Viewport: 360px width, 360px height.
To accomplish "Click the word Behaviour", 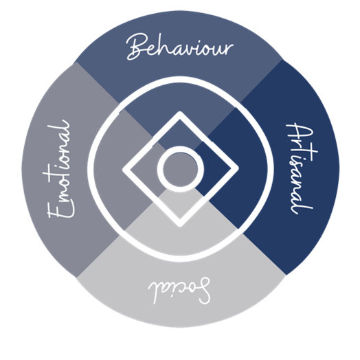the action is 180,47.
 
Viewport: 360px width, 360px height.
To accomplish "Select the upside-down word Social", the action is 179,291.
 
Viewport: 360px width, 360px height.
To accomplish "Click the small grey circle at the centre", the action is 181,169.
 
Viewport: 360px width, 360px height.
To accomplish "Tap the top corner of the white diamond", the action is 180,113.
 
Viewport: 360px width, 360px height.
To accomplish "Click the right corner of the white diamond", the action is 238,169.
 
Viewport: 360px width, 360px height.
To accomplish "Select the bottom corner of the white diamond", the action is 180,226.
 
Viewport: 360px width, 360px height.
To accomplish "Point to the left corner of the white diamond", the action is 124,170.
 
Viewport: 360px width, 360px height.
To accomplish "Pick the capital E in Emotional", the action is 61,208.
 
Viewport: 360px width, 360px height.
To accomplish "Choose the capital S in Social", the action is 202,291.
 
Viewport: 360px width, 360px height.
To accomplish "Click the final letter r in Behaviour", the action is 229,49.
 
